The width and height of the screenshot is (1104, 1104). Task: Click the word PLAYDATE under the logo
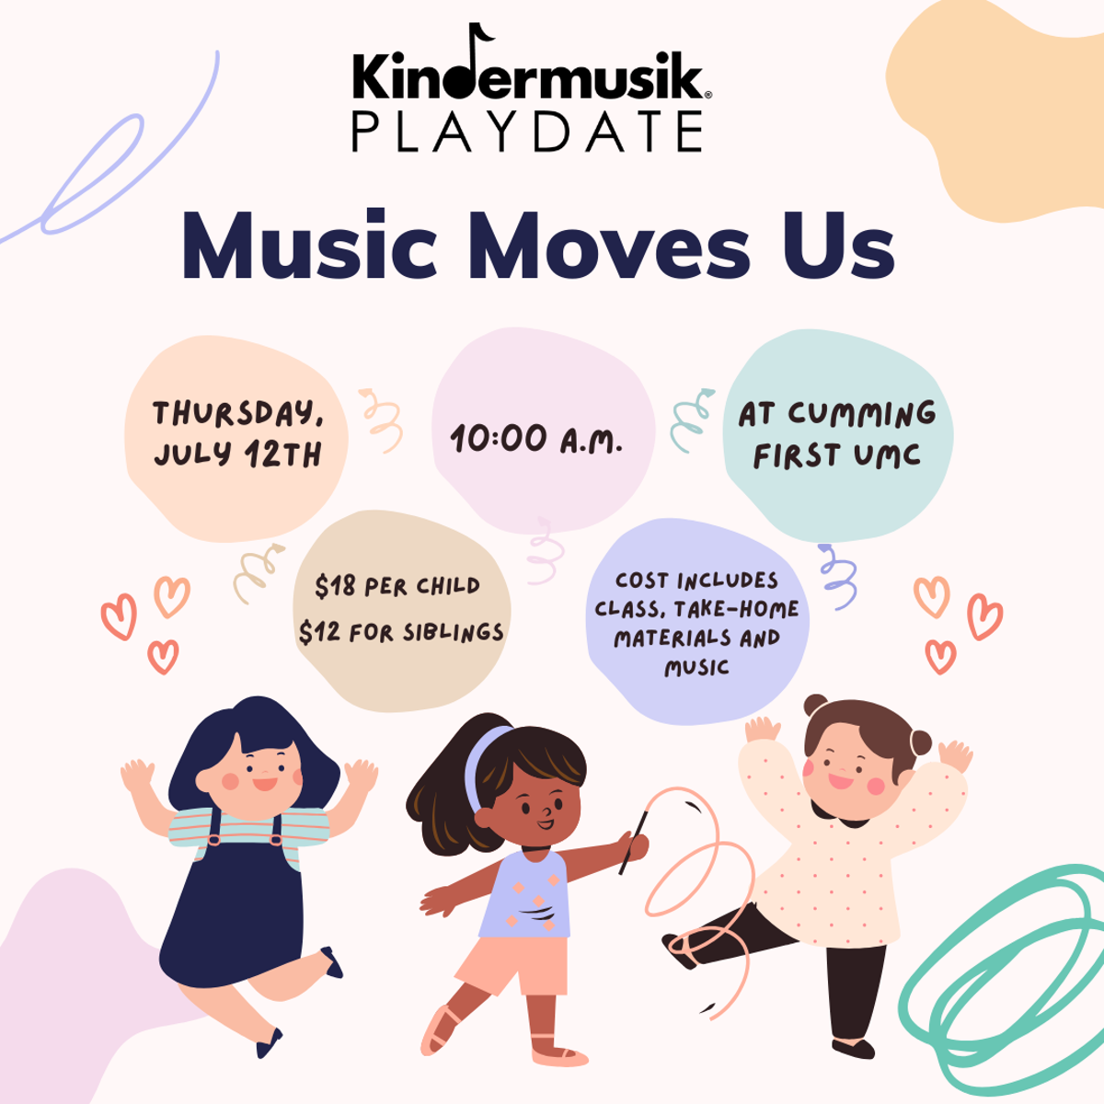(x=527, y=132)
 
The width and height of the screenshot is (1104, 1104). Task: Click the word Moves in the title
(x=612, y=246)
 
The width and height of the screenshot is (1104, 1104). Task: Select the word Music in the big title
(x=310, y=246)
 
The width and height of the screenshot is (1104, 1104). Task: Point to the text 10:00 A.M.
(x=536, y=440)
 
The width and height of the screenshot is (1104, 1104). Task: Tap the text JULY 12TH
(x=237, y=454)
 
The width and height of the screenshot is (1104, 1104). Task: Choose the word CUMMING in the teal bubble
(x=862, y=414)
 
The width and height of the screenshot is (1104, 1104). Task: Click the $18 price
(x=332, y=586)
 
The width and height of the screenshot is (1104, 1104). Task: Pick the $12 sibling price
(x=316, y=632)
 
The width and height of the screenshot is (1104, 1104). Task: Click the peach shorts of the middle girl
(x=513, y=965)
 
